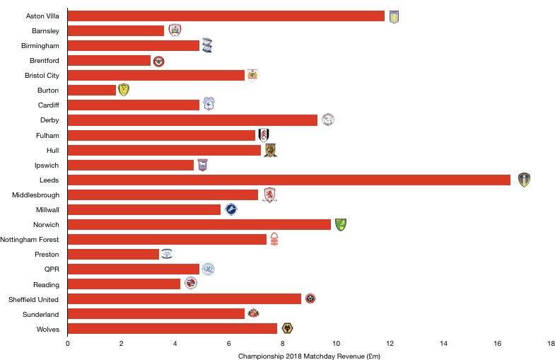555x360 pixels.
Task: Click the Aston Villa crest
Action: [x=394, y=17]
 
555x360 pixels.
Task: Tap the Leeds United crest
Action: [x=524, y=180]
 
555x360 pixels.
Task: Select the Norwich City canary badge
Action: [x=341, y=225]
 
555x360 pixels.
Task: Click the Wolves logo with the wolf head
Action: [x=287, y=328]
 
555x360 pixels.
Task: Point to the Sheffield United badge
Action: [x=310, y=298]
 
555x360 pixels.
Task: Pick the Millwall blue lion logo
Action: [x=231, y=209]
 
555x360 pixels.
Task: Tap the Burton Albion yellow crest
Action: [x=124, y=90]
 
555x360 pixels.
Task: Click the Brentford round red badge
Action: [x=159, y=62]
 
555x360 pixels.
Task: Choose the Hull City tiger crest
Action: [x=270, y=151]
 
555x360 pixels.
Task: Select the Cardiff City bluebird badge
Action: [x=209, y=104]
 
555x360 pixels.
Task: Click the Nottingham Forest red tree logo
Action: [x=274, y=239]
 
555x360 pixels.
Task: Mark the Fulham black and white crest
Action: [x=264, y=135]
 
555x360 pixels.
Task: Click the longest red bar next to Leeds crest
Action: [x=288, y=180]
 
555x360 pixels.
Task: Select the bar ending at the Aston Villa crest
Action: [x=226, y=16]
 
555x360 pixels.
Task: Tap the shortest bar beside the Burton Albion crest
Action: [x=92, y=91]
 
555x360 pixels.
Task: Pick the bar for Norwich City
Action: [x=199, y=225]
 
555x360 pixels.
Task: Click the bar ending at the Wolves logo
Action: [x=173, y=329]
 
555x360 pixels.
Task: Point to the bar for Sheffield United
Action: [x=185, y=298]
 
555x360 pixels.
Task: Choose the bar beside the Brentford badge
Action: [x=110, y=61]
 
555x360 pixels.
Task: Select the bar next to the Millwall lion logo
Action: [x=144, y=210]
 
